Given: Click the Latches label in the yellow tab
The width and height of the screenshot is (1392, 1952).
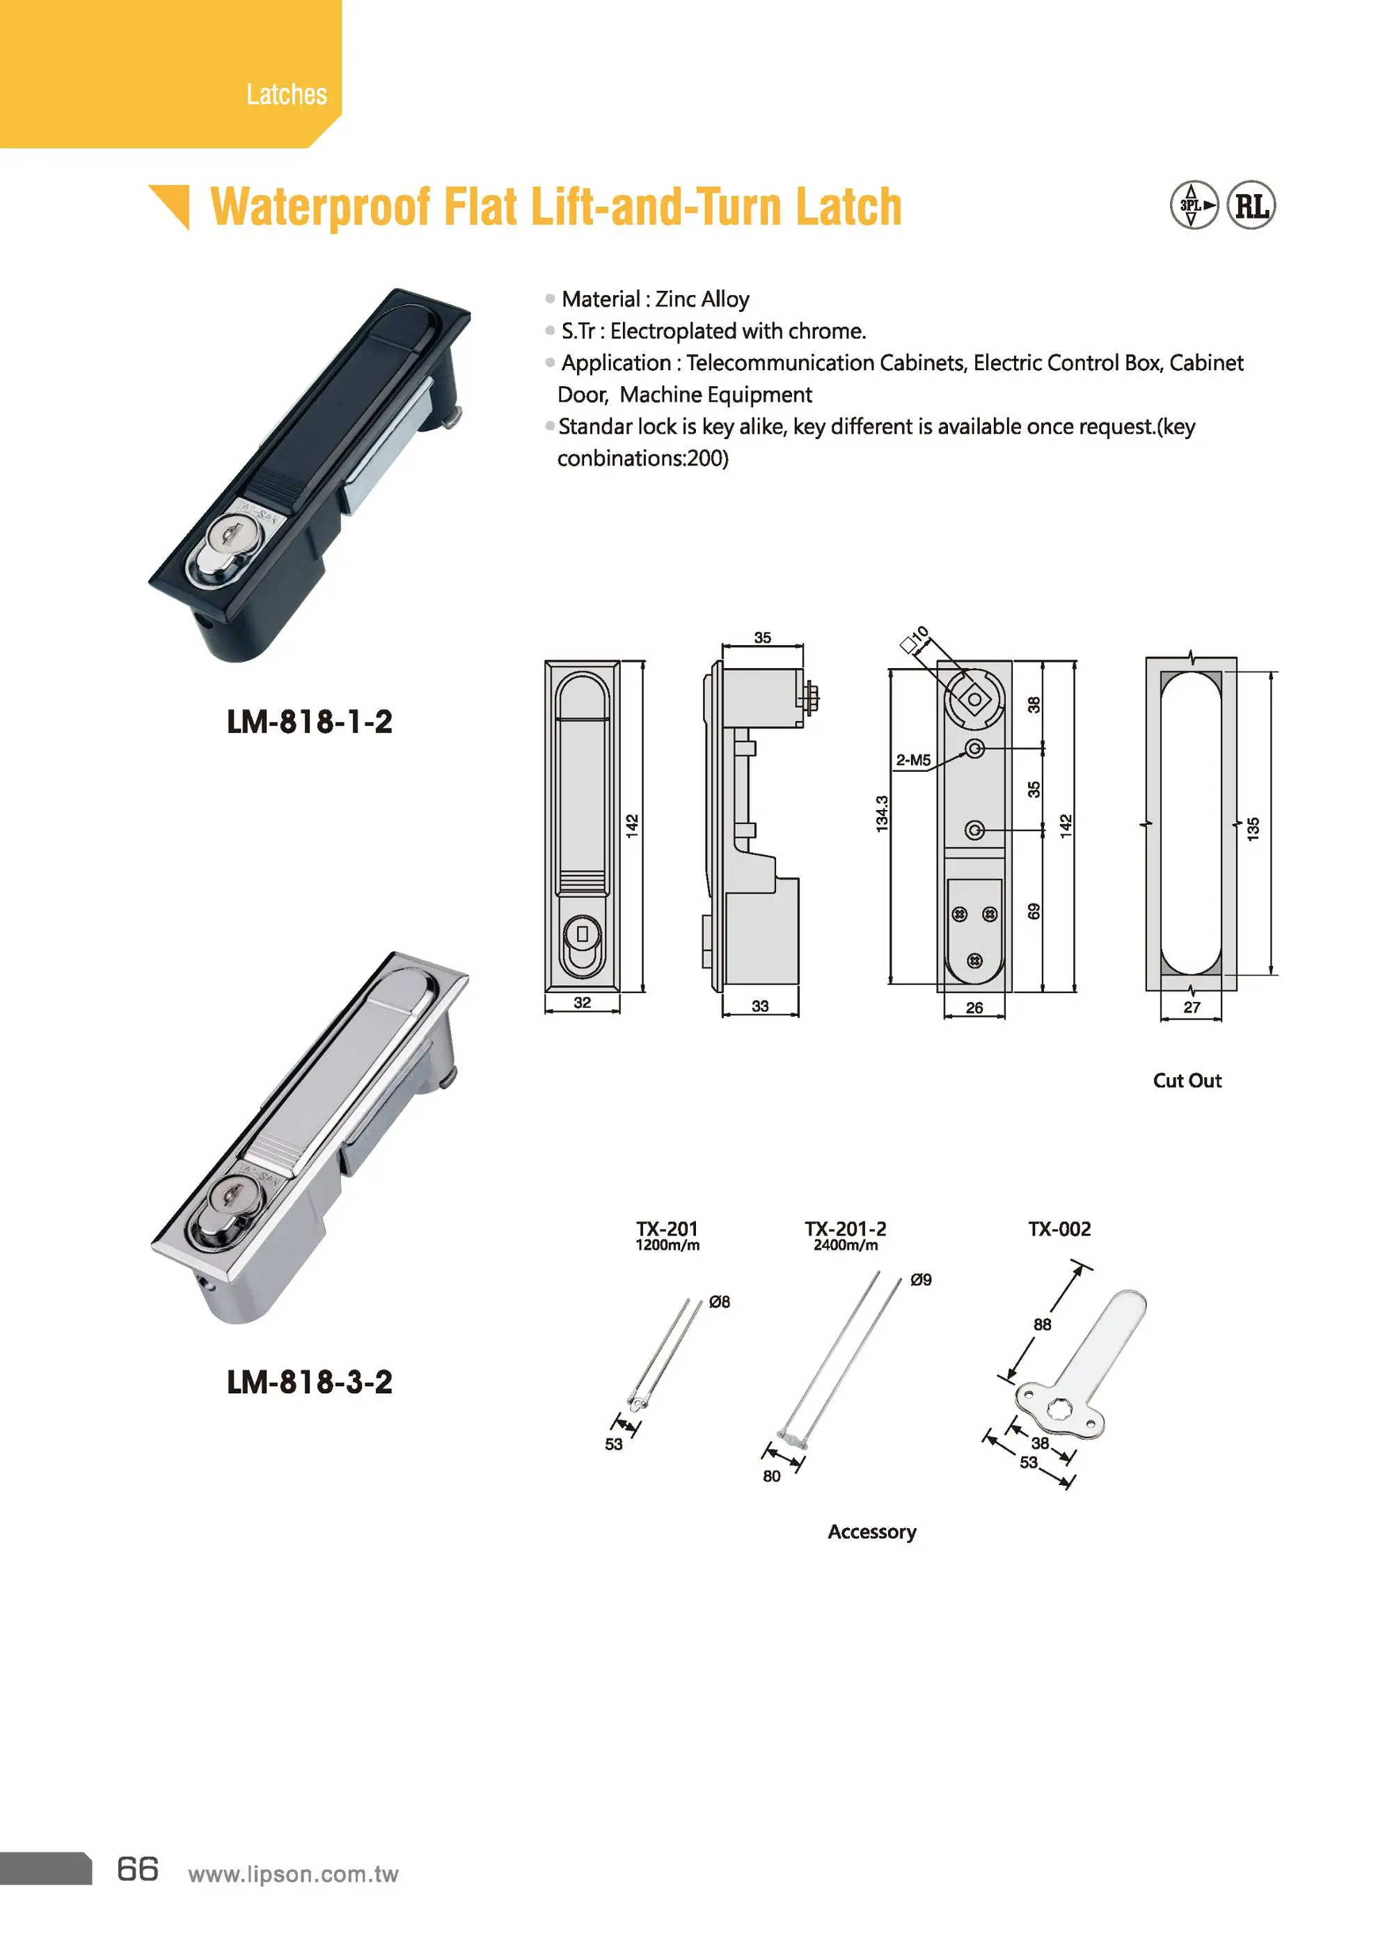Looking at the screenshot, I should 286,94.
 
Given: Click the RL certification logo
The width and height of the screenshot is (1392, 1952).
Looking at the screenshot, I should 1251,206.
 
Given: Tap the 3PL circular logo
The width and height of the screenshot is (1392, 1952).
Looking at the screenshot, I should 1193,206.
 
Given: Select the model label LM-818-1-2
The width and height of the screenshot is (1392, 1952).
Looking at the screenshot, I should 310,722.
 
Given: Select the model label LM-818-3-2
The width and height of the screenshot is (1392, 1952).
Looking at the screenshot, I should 310,1381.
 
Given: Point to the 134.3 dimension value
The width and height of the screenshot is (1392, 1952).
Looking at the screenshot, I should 882,814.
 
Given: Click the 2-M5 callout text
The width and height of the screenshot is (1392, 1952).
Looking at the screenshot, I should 913,760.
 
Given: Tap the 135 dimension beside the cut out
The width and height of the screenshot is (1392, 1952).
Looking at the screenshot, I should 1253,829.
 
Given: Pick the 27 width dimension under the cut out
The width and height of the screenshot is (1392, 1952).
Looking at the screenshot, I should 1192,1008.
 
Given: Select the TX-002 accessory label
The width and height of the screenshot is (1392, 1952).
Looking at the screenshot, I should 1059,1229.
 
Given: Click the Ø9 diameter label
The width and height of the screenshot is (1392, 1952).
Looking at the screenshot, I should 921,1280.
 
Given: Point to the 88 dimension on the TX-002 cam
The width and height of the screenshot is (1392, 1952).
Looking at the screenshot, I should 1043,1325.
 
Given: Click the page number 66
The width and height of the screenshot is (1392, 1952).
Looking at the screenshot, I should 138,1869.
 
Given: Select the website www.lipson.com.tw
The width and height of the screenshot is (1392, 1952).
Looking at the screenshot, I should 293,1874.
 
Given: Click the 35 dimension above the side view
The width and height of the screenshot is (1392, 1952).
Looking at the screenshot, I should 762,637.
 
